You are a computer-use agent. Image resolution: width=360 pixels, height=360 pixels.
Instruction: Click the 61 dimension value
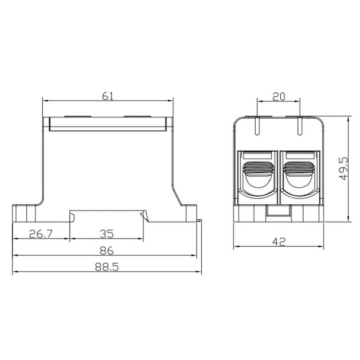tap(108, 96)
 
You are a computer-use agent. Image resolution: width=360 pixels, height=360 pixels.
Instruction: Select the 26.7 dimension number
tap(41, 234)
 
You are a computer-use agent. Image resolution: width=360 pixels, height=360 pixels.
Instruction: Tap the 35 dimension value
tap(107, 234)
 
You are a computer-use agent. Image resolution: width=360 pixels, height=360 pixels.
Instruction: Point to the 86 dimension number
tap(107, 251)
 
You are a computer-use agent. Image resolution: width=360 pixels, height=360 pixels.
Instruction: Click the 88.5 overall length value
tap(107, 267)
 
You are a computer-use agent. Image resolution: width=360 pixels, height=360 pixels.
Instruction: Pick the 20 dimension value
tap(279, 97)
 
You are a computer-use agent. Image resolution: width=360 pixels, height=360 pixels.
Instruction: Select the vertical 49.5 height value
tap(343, 169)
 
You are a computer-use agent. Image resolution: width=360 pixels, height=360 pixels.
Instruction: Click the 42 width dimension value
tap(279, 242)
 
